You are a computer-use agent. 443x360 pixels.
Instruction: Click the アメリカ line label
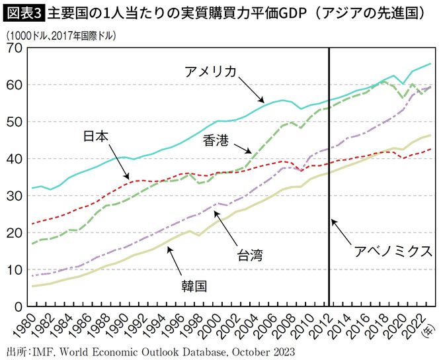[211, 71]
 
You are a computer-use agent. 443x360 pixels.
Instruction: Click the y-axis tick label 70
[13, 48]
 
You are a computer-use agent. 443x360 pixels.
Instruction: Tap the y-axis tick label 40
[13, 159]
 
